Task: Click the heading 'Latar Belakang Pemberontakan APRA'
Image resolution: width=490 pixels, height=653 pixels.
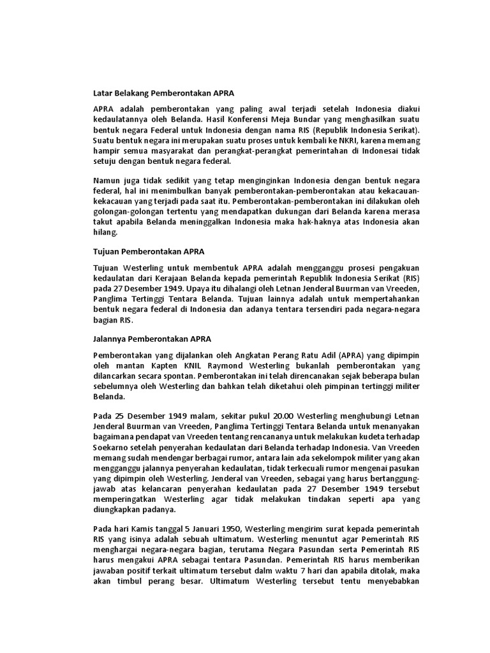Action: (159, 92)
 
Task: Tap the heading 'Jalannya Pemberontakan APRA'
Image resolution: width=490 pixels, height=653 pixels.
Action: (152, 338)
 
